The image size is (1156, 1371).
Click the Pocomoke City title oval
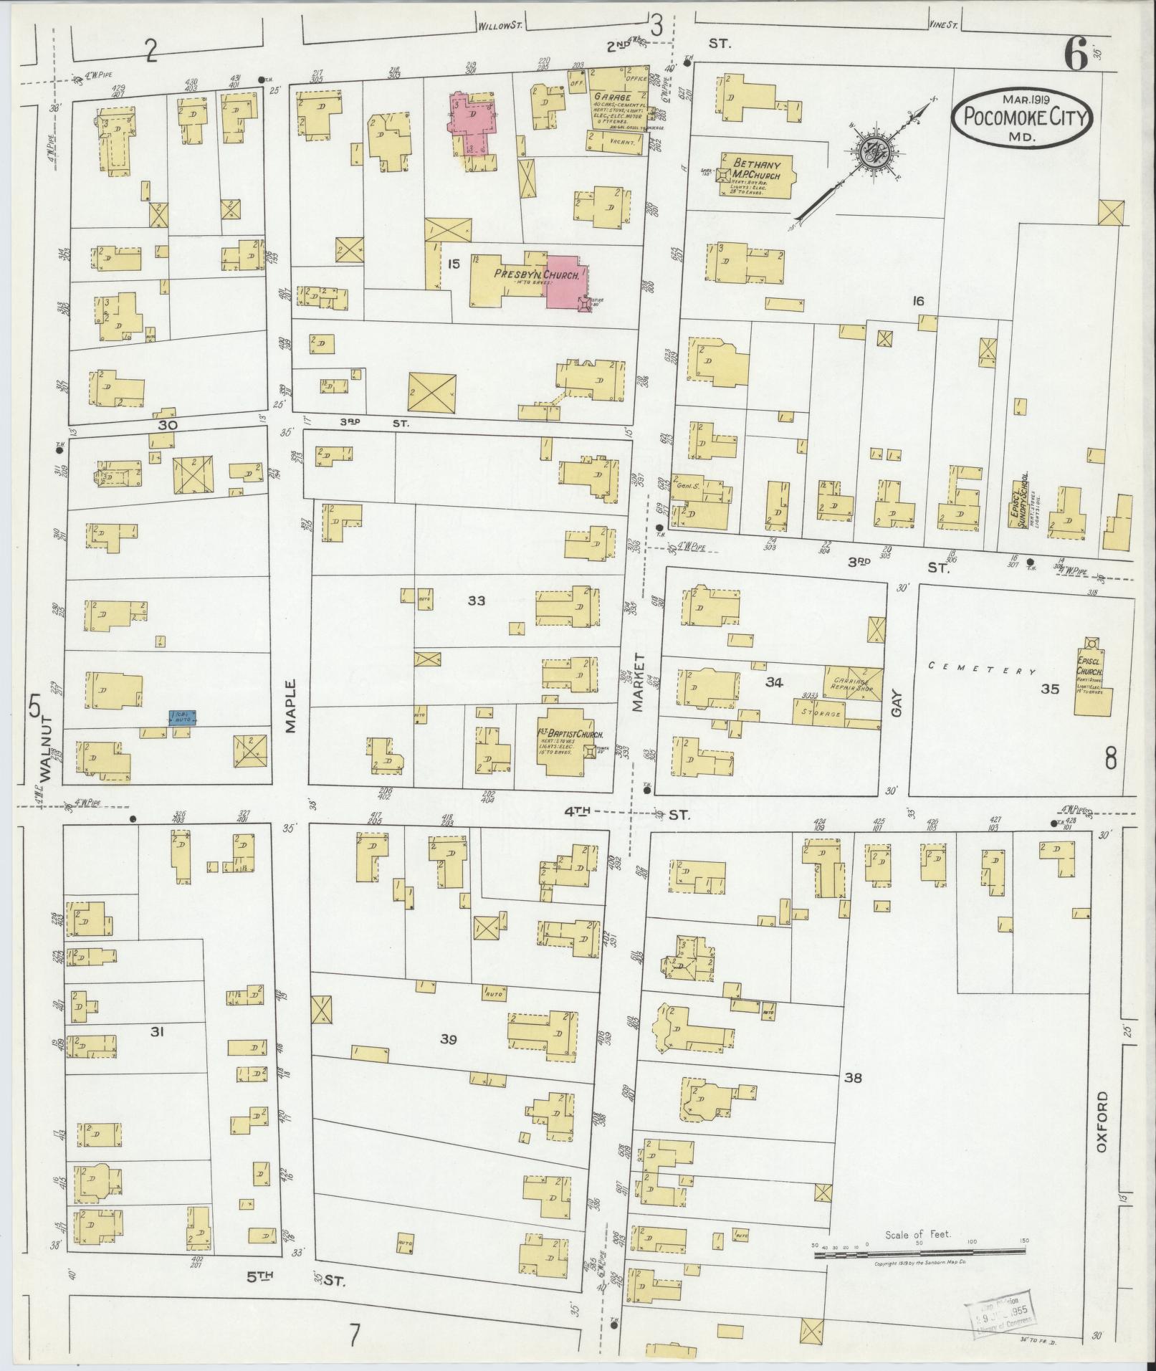click(x=1022, y=118)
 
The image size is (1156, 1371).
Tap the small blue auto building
click(x=182, y=717)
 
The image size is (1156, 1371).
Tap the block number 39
click(x=448, y=1039)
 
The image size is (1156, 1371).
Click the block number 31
click(x=158, y=1031)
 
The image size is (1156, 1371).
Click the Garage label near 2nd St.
click(x=611, y=96)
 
